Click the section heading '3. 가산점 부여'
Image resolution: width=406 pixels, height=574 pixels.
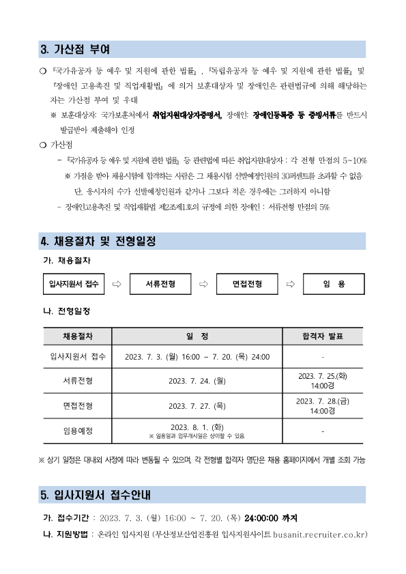click(x=75, y=50)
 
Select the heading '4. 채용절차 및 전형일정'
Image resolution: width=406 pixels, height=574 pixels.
click(x=98, y=241)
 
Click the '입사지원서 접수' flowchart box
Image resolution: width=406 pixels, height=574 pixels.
click(x=74, y=283)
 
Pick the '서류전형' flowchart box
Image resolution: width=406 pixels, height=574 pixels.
click(x=160, y=283)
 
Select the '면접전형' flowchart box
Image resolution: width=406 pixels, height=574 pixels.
click(x=247, y=283)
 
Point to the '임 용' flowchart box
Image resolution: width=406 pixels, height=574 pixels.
click(x=334, y=283)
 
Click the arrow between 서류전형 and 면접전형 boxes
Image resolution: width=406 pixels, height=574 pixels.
click(x=203, y=283)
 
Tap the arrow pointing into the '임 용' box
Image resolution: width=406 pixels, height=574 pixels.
click(x=290, y=283)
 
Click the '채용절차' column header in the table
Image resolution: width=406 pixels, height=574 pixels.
click(x=78, y=336)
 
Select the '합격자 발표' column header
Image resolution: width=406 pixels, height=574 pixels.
click(x=323, y=336)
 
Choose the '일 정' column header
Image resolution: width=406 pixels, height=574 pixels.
click(x=197, y=336)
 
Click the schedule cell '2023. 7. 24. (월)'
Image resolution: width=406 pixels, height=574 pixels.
click(x=197, y=381)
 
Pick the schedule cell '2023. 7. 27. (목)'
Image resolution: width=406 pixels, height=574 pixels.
click(x=197, y=405)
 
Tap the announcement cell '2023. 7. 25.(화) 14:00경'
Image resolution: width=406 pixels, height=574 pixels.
click(x=323, y=381)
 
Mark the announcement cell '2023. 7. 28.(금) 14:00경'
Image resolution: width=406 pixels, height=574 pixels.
click(x=323, y=405)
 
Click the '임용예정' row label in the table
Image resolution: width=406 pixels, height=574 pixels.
click(x=78, y=431)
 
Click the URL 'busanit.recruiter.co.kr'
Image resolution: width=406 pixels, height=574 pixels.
click(x=319, y=533)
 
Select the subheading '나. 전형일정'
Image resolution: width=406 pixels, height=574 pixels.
click(x=66, y=311)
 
